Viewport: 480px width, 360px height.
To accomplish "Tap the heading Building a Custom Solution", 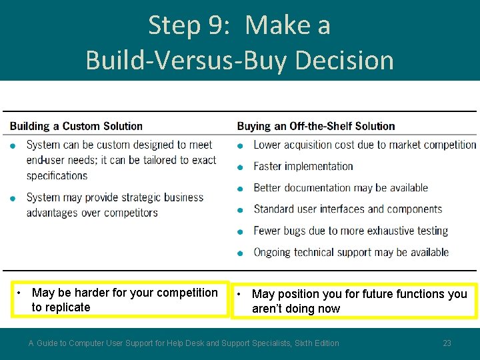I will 76,126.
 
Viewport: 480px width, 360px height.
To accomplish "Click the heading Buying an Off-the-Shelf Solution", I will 316,126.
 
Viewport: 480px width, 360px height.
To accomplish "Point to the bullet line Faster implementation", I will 303,166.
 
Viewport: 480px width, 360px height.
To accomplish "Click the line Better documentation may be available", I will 341,188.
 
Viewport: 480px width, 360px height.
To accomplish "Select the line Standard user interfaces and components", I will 347,209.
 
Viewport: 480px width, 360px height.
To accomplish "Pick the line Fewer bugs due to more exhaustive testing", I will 351,231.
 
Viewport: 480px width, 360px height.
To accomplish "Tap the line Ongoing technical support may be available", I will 351,252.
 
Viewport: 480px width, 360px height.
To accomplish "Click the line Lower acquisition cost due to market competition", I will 365,145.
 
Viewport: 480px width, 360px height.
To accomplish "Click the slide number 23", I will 447,343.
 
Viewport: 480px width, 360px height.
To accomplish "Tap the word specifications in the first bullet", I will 57,176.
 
